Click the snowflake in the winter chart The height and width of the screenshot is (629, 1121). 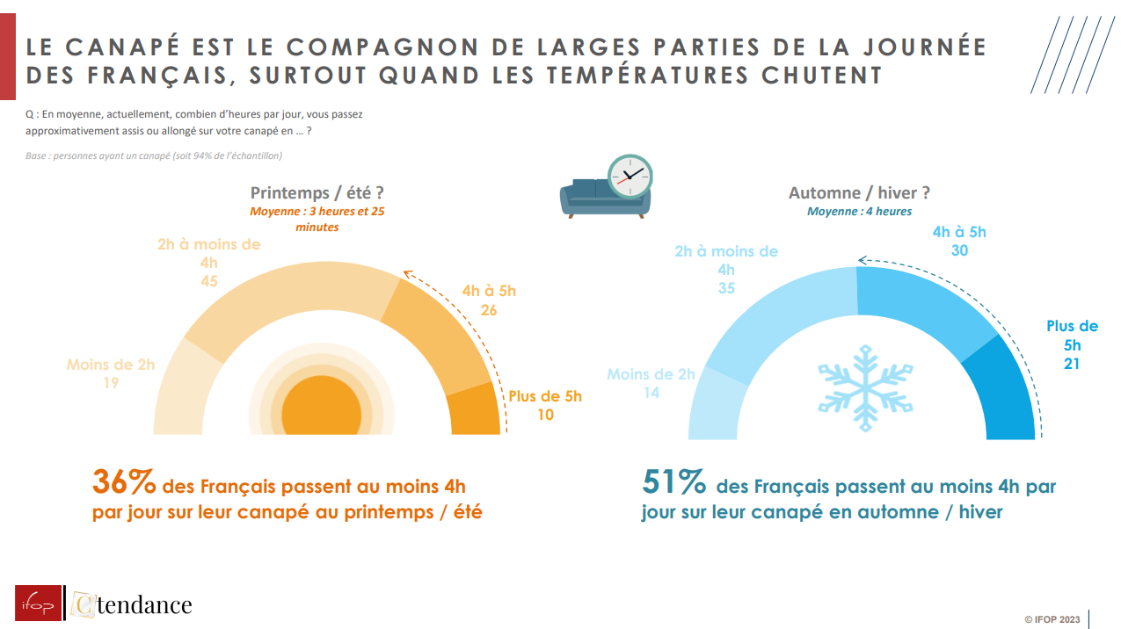coord(865,387)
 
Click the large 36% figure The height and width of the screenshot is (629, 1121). coord(124,483)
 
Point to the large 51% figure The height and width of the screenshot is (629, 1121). coord(673,483)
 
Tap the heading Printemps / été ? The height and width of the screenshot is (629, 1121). coord(317,193)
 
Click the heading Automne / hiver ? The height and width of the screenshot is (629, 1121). coord(859,193)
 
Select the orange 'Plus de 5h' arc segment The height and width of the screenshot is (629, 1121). coord(475,411)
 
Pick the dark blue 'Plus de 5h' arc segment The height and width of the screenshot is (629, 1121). coord(1002,391)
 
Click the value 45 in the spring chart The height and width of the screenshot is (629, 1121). coord(208,281)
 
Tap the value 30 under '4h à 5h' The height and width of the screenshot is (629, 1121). coord(959,250)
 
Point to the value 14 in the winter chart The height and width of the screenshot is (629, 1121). coord(651,393)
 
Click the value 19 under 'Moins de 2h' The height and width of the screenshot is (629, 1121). coord(110,383)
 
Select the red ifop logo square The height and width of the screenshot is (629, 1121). coord(39,603)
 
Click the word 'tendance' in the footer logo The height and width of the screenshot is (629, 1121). coord(143,604)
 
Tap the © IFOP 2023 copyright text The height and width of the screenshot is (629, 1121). coord(1052,619)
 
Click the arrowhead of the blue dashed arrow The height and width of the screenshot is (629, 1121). coord(863,260)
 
